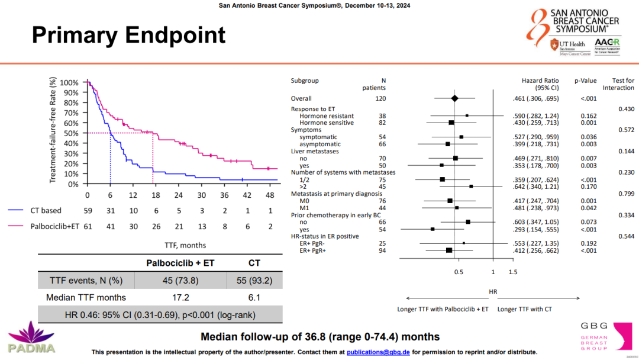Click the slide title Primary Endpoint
[x=128, y=35]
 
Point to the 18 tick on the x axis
[x=156, y=195]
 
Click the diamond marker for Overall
[x=454, y=98]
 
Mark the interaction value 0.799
[x=626, y=194]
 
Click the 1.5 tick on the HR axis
[x=512, y=272]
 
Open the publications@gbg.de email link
[x=378, y=352]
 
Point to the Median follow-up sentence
[x=320, y=337]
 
